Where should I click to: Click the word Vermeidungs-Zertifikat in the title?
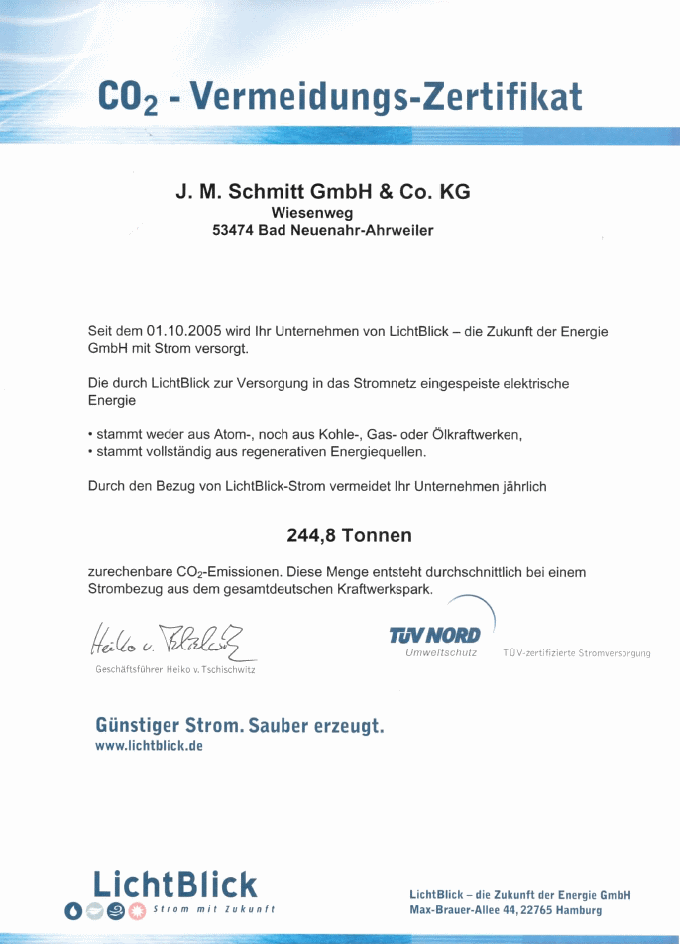point(386,97)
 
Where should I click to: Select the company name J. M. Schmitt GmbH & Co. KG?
point(323,192)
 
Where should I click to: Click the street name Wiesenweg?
point(311,212)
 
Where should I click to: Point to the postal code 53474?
point(233,230)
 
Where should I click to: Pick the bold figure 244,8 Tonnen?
point(349,535)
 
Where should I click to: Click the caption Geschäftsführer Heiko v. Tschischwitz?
point(175,670)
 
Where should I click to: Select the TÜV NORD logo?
point(435,635)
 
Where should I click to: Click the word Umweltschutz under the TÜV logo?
point(441,653)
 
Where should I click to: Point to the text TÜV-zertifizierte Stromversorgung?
point(577,654)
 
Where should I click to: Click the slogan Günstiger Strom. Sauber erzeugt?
point(239,725)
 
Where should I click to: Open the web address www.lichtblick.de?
point(149,746)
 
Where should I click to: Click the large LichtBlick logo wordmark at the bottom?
point(174,884)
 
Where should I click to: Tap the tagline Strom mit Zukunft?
point(213,909)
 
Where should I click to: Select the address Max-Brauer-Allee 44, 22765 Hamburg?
point(506,910)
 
